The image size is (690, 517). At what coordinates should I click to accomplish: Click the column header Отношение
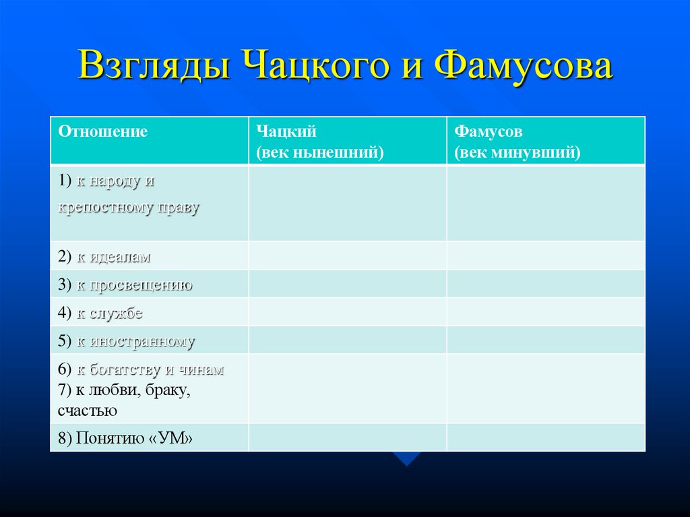tap(102, 131)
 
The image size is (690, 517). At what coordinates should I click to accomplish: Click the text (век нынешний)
tap(319, 152)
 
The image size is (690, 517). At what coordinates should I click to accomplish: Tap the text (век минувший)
tap(517, 152)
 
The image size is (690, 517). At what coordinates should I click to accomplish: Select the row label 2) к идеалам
tap(104, 257)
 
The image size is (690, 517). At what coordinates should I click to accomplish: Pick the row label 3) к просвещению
tap(125, 285)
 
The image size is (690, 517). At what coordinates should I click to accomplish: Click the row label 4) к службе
tap(100, 313)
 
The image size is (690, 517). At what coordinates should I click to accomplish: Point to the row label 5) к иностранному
tap(126, 342)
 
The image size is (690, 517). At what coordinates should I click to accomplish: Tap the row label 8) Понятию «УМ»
tap(125, 438)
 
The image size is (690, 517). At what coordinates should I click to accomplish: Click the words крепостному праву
tap(129, 208)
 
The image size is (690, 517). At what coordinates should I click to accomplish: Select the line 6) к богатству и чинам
tap(140, 370)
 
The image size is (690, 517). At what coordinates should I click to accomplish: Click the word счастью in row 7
tap(88, 410)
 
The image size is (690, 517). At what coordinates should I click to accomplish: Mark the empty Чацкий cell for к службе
tap(347, 312)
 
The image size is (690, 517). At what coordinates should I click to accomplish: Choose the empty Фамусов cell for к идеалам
tap(545, 255)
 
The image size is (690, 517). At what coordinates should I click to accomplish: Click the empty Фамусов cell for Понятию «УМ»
tap(545, 437)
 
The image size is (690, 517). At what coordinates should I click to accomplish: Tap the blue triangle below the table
tap(407, 458)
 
